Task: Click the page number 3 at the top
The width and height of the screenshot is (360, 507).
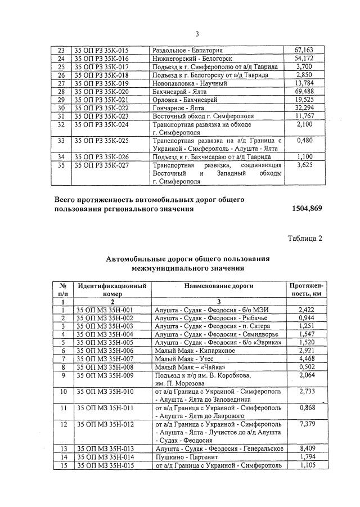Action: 181,33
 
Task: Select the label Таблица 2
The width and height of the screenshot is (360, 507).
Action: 305,238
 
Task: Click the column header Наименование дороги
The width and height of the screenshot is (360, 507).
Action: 219,286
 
